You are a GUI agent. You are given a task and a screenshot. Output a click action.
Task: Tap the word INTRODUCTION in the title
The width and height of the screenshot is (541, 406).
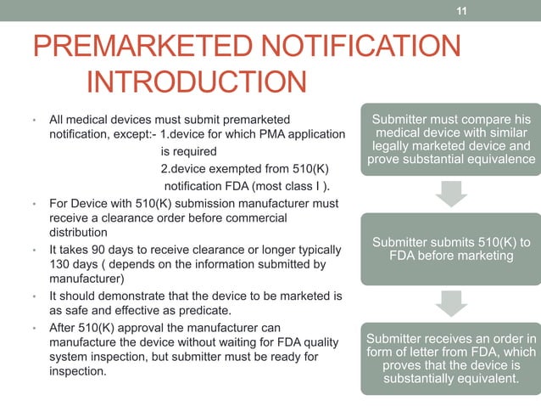pyautogui.click(x=197, y=83)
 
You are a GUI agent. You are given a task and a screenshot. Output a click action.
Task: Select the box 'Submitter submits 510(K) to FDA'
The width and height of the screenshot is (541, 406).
pyautogui.click(x=450, y=249)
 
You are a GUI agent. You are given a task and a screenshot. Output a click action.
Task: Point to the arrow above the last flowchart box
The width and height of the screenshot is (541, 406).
pyautogui.click(x=450, y=302)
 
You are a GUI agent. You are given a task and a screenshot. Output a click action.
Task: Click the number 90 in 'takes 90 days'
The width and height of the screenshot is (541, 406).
pyautogui.click(x=99, y=250)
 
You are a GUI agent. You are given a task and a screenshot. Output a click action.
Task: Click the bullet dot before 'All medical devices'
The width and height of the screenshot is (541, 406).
pyautogui.click(x=32, y=120)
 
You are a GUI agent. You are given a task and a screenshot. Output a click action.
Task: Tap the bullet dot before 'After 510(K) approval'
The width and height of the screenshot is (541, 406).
pyautogui.click(x=32, y=328)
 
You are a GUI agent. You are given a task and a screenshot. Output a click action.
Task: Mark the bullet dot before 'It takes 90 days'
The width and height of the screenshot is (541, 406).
pyautogui.click(x=32, y=250)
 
